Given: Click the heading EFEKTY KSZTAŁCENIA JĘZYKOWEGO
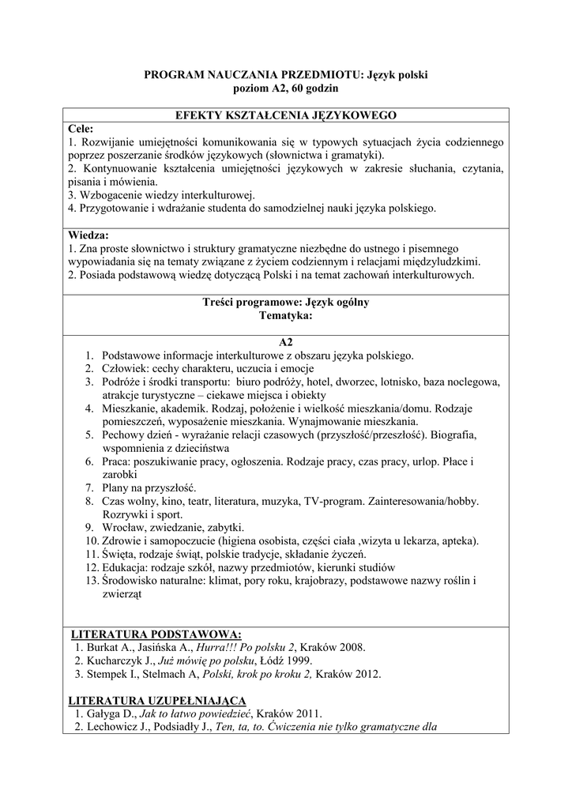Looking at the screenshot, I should click(285, 115).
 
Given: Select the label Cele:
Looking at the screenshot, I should click(81, 128).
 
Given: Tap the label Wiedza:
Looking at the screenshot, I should click(88, 235).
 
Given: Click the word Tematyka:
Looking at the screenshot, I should click(285, 315).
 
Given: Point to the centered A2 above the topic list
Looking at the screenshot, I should click(285, 342).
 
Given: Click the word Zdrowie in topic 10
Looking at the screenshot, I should click(122, 541).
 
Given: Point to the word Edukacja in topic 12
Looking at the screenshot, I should click(126, 568).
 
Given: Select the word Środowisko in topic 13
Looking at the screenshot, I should click(131, 581).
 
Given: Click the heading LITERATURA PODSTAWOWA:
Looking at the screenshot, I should click(156, 634).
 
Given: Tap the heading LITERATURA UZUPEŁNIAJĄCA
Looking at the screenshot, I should click(157, 700).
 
